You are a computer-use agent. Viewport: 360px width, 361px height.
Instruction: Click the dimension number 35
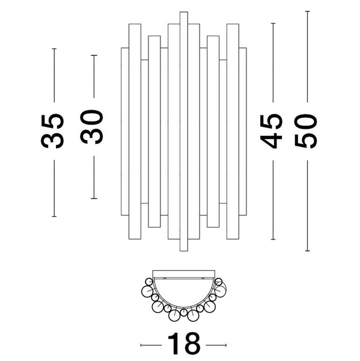52,131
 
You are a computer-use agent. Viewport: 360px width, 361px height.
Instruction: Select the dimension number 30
91,127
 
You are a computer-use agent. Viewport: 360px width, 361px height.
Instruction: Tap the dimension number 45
271,131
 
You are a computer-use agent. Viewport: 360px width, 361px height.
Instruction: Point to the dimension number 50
306,131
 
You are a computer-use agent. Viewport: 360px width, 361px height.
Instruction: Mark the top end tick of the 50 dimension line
307,11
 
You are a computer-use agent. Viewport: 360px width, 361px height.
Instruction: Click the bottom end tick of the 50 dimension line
307,251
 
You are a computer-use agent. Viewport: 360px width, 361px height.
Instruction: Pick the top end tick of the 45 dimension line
273,23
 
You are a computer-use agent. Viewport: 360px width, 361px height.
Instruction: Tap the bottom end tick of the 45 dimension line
273,239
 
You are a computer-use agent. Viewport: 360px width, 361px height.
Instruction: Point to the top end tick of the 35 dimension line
54,49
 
